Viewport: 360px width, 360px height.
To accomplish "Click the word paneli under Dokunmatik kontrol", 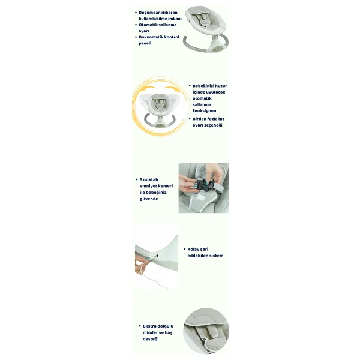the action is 145,43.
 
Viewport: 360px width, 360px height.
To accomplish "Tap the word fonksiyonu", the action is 205,110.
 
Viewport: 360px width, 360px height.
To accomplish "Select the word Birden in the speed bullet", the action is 199,119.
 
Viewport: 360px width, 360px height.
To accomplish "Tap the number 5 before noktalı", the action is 141,179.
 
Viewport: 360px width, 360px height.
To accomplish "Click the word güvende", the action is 149,199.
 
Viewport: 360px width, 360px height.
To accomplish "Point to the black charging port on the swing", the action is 157,256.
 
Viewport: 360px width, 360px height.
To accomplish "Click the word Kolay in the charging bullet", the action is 194,250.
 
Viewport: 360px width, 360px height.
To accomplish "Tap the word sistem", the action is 215,256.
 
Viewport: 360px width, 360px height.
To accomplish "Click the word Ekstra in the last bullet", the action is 149,326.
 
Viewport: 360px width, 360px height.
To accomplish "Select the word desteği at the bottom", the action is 151,339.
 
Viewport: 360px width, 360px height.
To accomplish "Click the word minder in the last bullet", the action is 150,332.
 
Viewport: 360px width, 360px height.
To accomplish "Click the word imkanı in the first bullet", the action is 175,19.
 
